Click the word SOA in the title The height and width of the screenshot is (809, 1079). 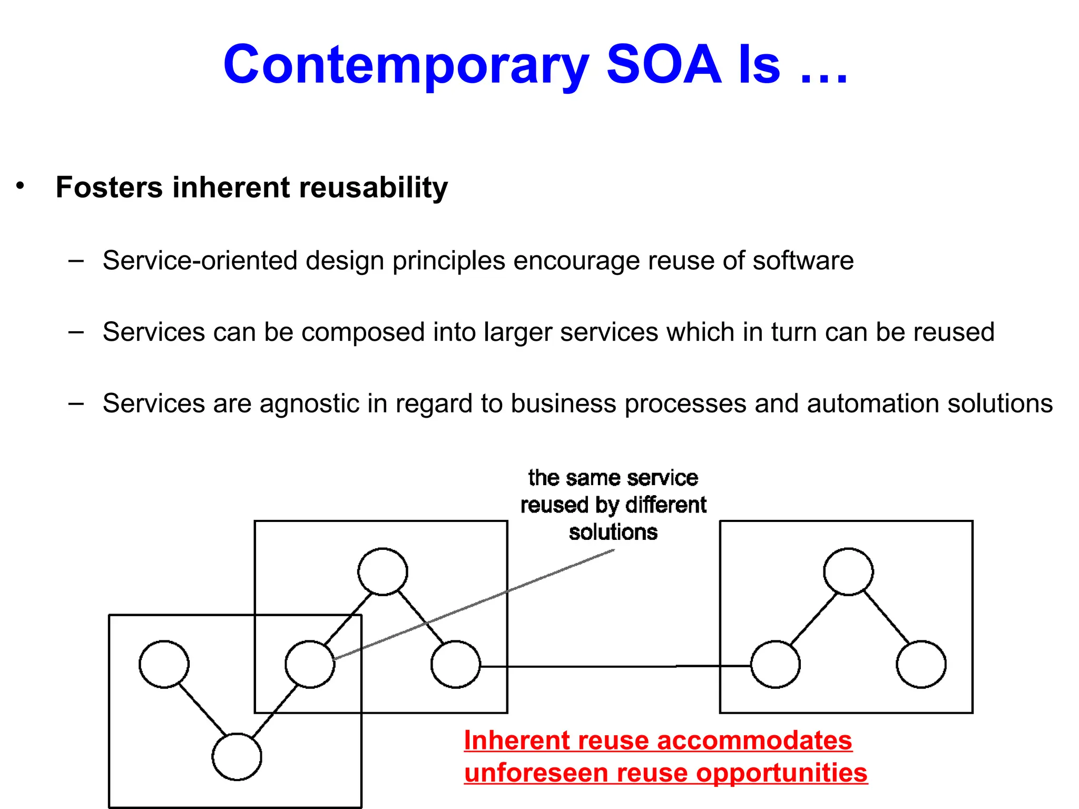[663, 64]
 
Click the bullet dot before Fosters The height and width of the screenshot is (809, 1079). [20, 185]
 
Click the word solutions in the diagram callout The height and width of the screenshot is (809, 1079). [613, 532]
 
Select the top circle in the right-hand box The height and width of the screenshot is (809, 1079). [848, 571]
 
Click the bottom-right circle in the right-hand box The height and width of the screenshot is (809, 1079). [921, 664]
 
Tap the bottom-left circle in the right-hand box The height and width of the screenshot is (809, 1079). [775, 664]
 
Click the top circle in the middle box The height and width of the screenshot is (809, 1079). [382, 571]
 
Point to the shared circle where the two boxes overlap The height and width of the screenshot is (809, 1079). [310, 664]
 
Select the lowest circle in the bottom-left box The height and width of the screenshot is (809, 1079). [237, 756]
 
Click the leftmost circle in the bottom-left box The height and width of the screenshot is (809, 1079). [164, 664]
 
